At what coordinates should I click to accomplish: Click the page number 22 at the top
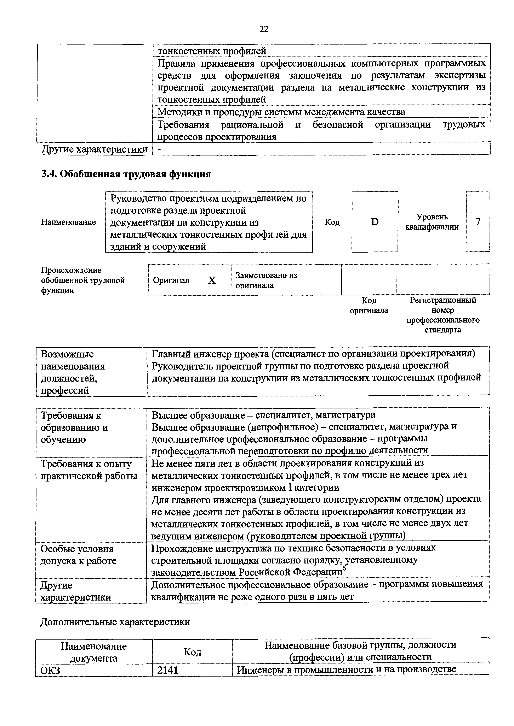[x=264, y=29]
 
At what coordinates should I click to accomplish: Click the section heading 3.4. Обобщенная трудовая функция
[x=126, y=174]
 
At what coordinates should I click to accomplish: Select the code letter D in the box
[x=375, y=222]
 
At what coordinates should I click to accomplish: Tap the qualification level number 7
[x=478, y=222]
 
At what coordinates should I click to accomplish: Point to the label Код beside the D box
[x=332, y=222]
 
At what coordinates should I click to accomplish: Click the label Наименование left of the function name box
[x=68, y=222]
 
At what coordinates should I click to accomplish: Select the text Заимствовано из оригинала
[x=266, y=280]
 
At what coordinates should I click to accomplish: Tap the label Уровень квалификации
[x=432, y=222]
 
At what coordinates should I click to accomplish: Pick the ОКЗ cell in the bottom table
[x=51, y=670]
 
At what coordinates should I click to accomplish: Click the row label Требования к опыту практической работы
[x=89, y=470]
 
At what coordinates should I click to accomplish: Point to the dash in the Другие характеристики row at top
[x=159, y=149]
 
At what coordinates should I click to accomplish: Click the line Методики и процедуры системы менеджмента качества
[x=281, y=112]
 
